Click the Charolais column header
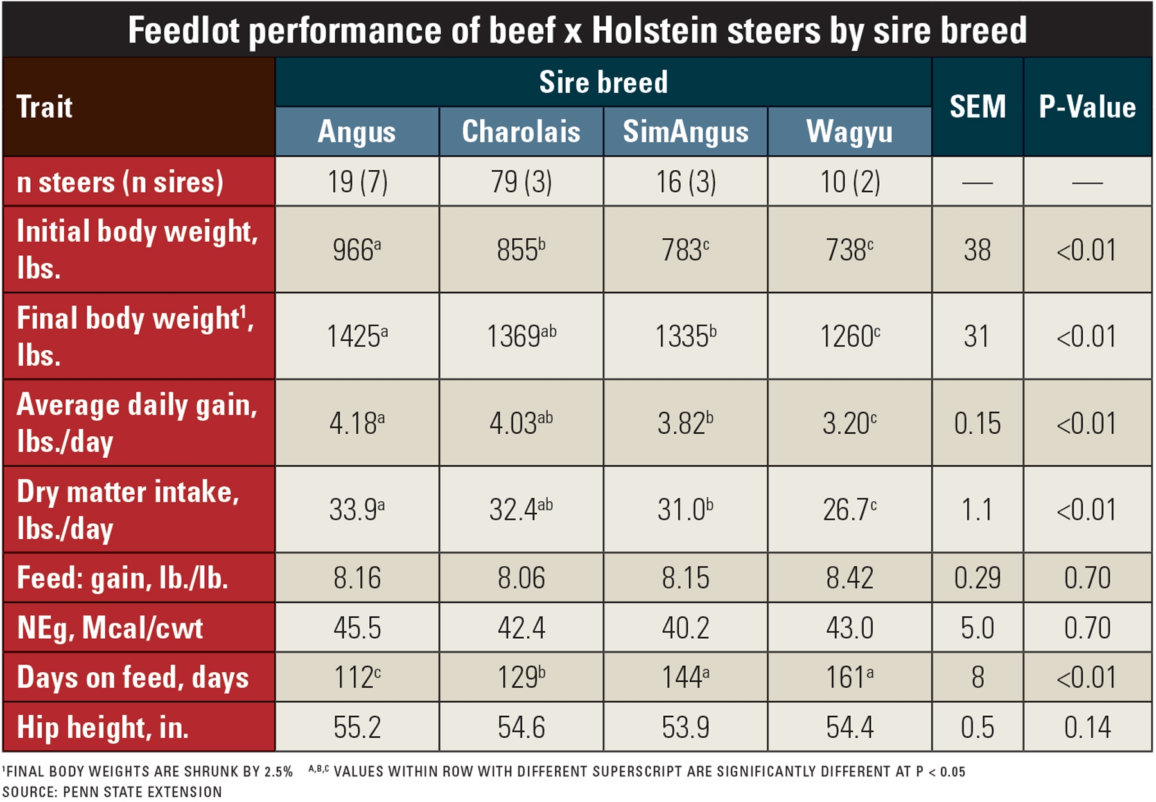click(521, 132)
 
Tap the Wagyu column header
click(849, 132)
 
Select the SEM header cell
click(977, 107)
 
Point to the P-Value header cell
click(1087, 107)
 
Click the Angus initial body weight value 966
click(356, 250)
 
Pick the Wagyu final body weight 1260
click(849, 336)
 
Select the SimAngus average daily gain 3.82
click(685, 423)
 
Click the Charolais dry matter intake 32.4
click(520, 510)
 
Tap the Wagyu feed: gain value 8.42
click(849, 578)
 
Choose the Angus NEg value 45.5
click(357, 627)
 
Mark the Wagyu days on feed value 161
click(849, 677)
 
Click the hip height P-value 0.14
click(1087, 727)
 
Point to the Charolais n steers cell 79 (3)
click(521, 182)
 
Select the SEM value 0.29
click(977, 578)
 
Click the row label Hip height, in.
click(103, 727)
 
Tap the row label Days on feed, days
click(132, 677)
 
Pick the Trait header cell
click(45, 107)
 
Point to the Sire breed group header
click(603, 82)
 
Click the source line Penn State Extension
click(112, 792)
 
